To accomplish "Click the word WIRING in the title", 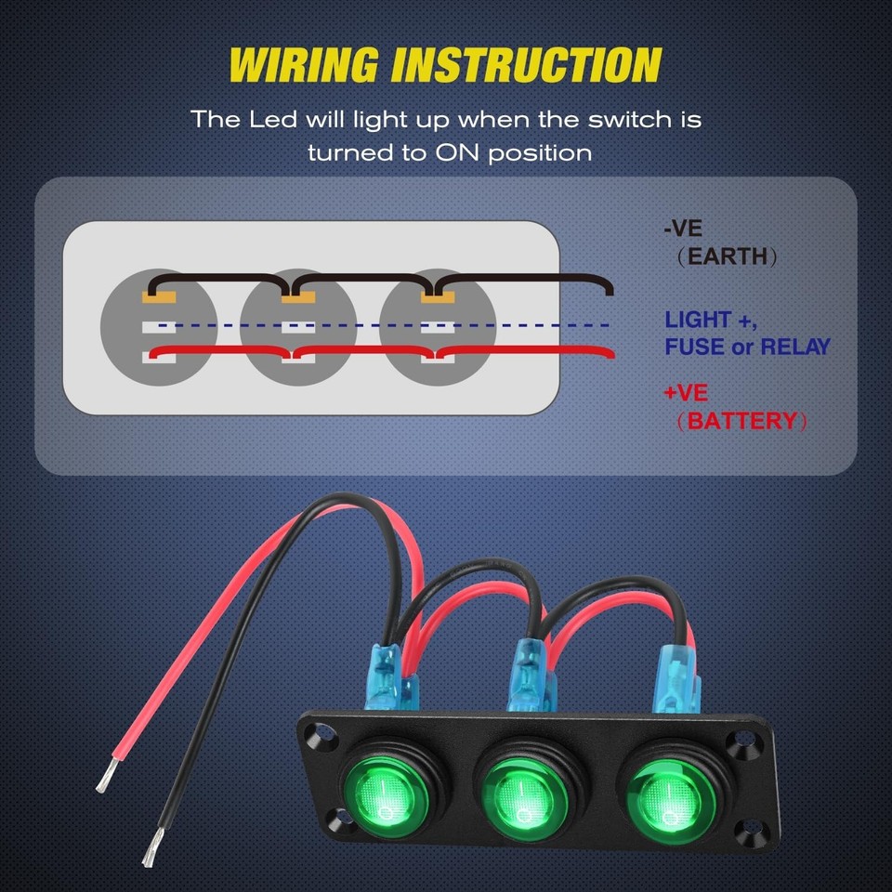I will coord(304,65).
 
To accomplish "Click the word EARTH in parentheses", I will coord(728,256).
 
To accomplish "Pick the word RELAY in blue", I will coord(794,348).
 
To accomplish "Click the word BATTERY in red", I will coord(741,421).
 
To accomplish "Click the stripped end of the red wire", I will coord(106,773).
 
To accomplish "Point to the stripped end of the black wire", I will coord(151,850).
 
